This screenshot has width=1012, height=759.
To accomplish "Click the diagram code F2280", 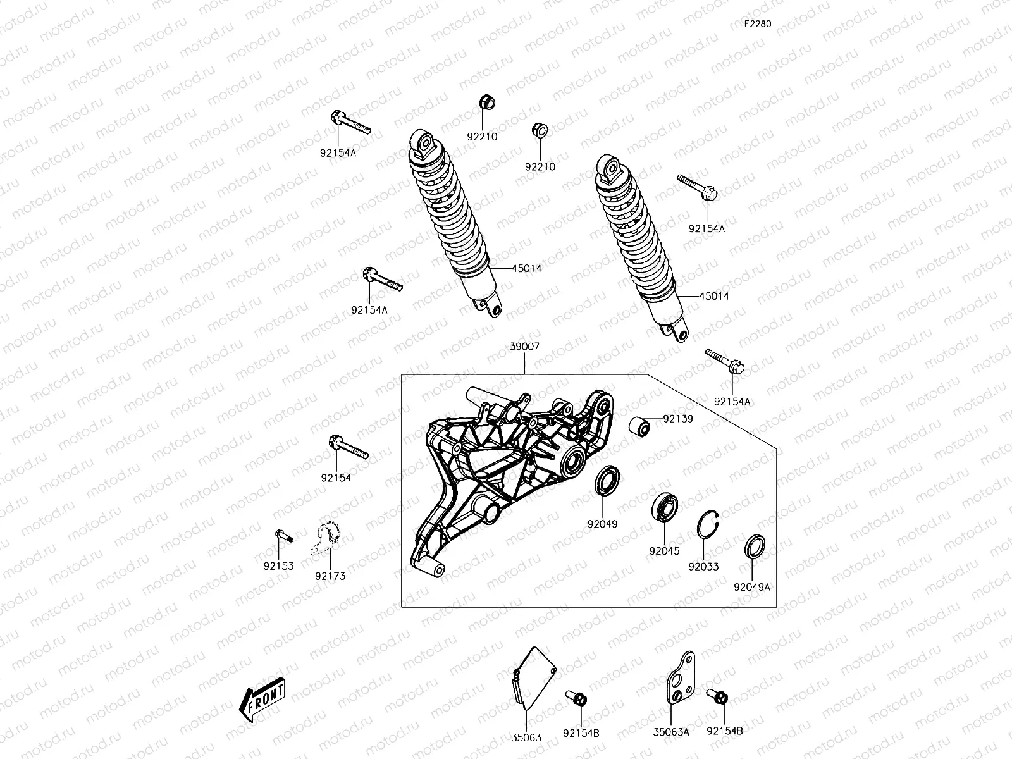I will coord(757,24).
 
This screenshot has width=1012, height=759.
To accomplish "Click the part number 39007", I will coord(525,347).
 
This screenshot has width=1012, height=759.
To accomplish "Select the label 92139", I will coord(678,419).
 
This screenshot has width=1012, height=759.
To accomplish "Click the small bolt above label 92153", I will coord(283,536).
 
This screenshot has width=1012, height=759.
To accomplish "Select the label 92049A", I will coord(751,586).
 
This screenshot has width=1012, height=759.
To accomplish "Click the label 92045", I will coord(664,551).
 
